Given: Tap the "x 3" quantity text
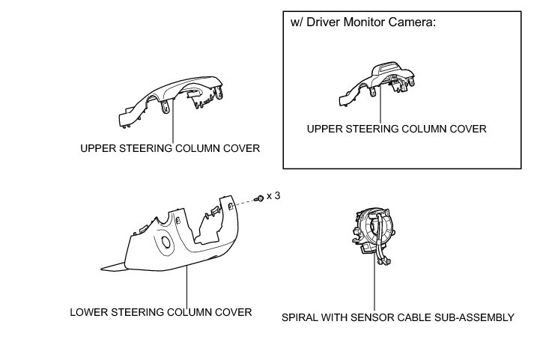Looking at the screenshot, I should pos(275,196).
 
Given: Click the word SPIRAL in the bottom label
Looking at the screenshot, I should pos(299,317).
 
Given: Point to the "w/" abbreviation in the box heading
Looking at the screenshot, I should pos(297,22).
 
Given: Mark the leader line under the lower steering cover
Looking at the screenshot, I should pos(186,284).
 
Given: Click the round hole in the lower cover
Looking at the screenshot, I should pos(163,242).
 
